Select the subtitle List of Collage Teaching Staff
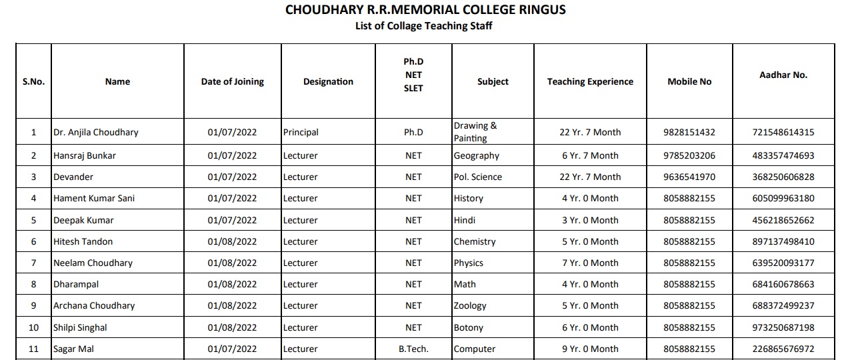pyautogui.click(x=424, y=26)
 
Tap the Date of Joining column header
pyautogui.click(x=232, y=81)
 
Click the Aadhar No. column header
pyautogui.click(x=783, y=75)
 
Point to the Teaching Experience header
pyautogui.click(x=590, y=81)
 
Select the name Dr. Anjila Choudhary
pyautogui.click(x=96, y=132)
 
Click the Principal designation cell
pyautogui.click(x=301, y=132)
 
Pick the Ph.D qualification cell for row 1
pyautogui.click(x=413, y=132)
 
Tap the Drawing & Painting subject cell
pyautogui.click(x=475, y=132)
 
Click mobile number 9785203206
pyautogui.click(x=689, y=155)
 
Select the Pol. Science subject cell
pyautogui.click(x=478, y=177)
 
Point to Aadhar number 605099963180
pyautogui.click(x=783, y=198)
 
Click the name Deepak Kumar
pyautogui.click(x=83, y=220)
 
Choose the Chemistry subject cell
pyautogui.click(x=475, y=241)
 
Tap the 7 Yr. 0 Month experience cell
pyautogui.click(x=590, y=263)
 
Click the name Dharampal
pyautogui.click(x=76, y=284)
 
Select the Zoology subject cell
pyautogui.click(x=470, y=305)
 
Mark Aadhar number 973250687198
pyautogui.click(x=783, y=327)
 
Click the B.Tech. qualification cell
pyautogui.click(x=413, y=349)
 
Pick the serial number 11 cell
pyautogui.click(x=33, y=349)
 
